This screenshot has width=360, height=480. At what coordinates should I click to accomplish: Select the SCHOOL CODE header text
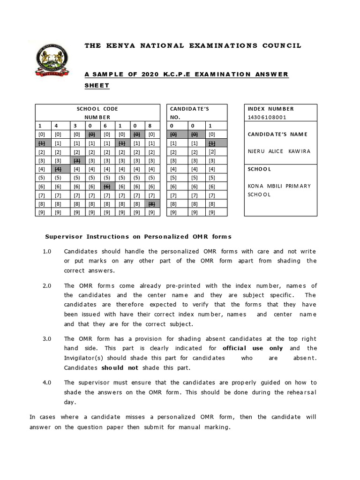(x=97, y=109)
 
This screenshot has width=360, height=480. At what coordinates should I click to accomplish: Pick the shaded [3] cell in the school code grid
(x=76, y=160)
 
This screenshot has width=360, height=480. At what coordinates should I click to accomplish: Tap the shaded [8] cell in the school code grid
(x=151, y=203)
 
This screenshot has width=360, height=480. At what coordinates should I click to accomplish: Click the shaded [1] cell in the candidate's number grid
(x=212, y=143)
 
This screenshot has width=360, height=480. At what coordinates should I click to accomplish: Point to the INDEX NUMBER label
(x=271, y=109)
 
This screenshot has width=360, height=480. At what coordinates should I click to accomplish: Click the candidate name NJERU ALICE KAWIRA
(x=279, y=151)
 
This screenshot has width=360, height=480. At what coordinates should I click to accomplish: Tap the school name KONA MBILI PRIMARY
(x=279, y=186)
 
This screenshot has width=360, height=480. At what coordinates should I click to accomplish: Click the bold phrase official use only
(x=253, y=348)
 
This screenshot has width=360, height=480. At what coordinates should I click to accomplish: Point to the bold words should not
(x=120, y=368)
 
